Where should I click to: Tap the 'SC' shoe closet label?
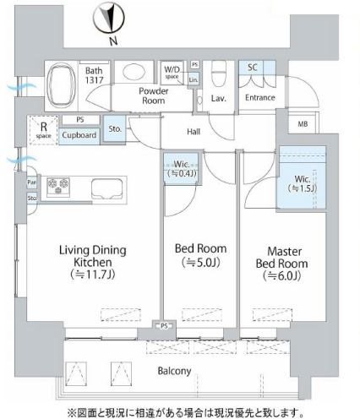tap(253, 67)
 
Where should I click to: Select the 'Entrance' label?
tap(260, 98)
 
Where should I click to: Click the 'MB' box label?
tap(303, 124)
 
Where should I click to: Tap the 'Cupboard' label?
tap(82, 134)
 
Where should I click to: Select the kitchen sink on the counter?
tap(106, 185)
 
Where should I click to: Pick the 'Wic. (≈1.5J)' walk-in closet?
tap(303, 182)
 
